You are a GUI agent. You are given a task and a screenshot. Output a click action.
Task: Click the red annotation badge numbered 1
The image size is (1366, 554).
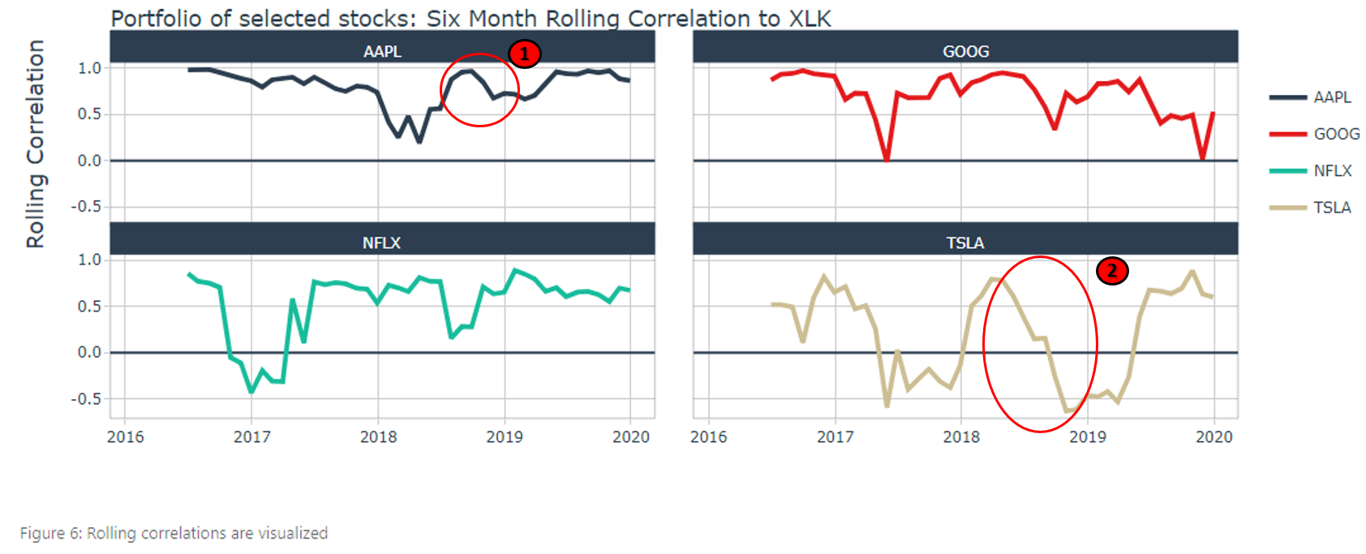(x=524, y=54)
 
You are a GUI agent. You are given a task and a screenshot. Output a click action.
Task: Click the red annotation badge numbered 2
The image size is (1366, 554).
(x=1112, y=270)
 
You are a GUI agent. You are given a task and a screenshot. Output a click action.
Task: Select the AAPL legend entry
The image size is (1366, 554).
(x=1332, y=97)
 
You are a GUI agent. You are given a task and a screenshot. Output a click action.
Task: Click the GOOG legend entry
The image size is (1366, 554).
(x=1336, y=134)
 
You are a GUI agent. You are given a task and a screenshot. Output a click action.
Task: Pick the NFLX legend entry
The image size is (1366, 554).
(x=1332, y=170)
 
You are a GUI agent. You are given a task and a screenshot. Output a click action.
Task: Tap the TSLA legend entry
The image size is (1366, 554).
(x=1332, y=208)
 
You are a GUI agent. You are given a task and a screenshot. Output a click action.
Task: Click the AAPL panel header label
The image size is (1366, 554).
(x=382, y=51)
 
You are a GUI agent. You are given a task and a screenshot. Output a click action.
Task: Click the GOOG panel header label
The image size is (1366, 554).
(x=965, y=51)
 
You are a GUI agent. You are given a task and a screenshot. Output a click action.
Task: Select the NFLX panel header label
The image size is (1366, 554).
(x=381, y=243)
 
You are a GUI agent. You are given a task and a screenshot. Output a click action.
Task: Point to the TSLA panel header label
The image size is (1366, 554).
(x=964, y=243)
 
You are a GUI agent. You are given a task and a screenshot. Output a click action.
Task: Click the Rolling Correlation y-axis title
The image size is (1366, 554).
(x=35, y=144)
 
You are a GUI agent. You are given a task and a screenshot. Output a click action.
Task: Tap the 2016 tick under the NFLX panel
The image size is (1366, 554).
(x=126, y=437)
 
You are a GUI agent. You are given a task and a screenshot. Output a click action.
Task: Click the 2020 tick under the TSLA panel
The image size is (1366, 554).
(x=1214, y=437)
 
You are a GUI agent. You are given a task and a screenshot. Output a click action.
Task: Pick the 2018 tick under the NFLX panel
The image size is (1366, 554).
(x=378, y=437)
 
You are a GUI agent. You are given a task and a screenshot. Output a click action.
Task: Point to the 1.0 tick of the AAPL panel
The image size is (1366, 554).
(x=89, y=68)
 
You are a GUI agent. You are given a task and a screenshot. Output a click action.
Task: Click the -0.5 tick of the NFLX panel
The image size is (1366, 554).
(x=86, y=399)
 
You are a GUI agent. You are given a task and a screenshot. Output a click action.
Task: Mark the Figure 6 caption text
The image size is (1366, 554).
(x=174, y=533)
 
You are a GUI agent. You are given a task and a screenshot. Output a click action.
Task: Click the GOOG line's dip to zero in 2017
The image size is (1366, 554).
(x=887, y=159)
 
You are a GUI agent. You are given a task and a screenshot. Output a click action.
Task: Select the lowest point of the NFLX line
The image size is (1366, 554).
(x=251, y=392)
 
